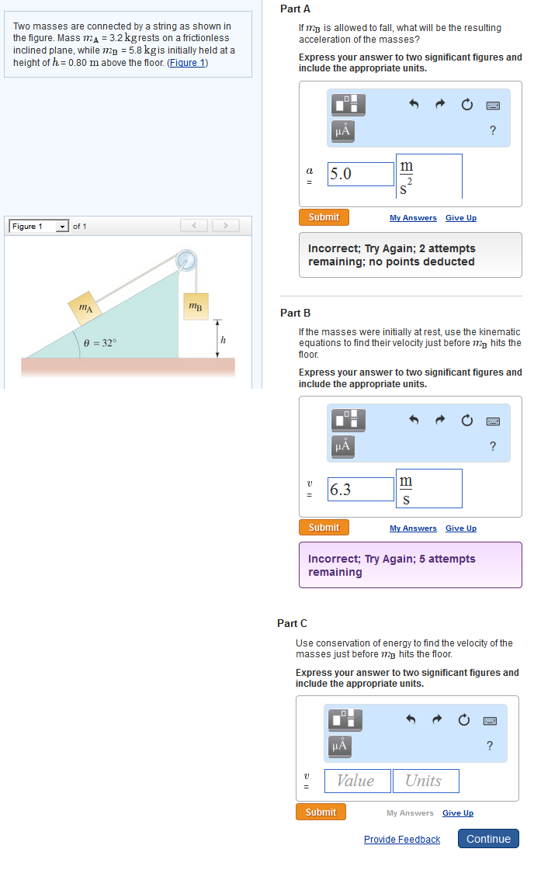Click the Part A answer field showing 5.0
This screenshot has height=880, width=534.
361,174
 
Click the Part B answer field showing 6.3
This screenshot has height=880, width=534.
361,489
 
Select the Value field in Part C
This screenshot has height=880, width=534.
355,781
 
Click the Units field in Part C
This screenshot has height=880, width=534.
425,781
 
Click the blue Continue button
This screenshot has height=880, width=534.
488,839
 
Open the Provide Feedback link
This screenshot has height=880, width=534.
401,840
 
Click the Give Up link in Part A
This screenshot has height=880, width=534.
460,218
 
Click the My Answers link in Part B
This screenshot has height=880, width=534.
413,528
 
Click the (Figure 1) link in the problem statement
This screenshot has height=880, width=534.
187,63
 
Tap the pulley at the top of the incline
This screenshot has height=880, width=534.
186,260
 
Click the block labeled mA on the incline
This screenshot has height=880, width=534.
85,307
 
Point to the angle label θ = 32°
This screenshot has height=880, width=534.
100,342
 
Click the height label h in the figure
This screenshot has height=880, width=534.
223,339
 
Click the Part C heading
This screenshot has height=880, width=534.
293,623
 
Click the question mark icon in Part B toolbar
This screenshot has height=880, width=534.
492,445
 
